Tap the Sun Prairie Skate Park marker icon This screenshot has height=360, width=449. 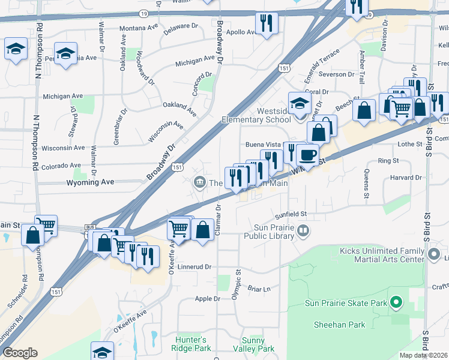coord(396,302)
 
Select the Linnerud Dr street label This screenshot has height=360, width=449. coord(196,266)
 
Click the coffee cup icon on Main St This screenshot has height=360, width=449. coord(307,155)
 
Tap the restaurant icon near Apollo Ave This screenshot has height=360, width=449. coord(265,24)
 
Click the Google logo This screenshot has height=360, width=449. coord(20,353)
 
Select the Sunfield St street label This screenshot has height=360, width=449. coord(291,214)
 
